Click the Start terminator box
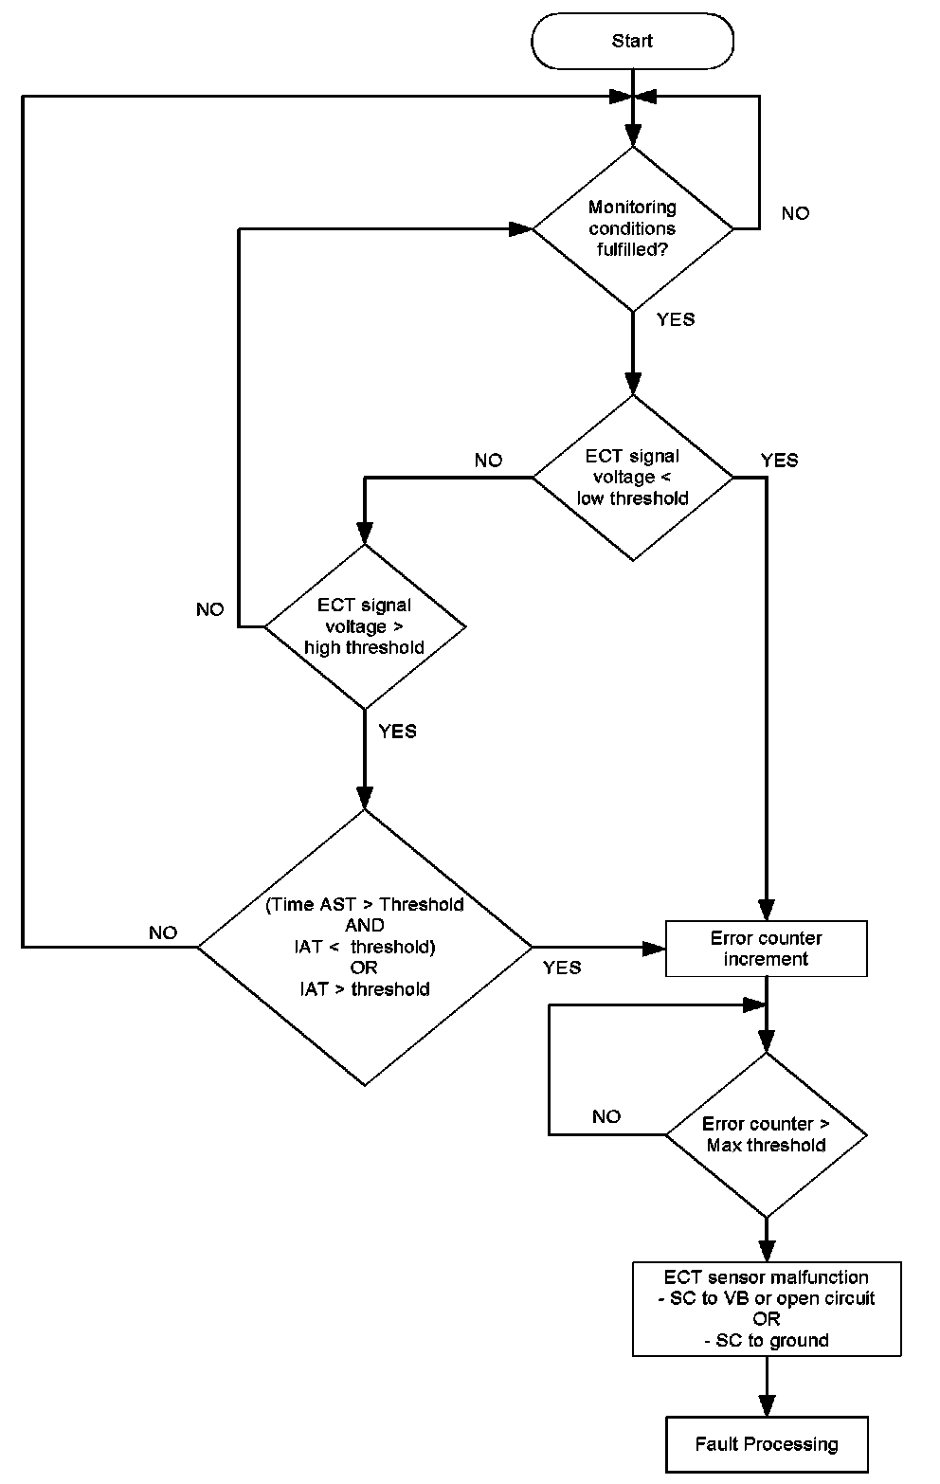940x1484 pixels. click(x=632, y=41)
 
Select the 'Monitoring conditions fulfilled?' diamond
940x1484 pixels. click(x=632, y=228)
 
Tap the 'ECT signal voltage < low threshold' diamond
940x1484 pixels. click(x=632, y=477)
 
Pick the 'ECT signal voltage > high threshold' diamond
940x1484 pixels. click(x=365, y=626)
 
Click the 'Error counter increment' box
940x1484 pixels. click(x=766, y=949)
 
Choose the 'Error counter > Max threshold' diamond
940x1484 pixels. click(x=766, y=1134)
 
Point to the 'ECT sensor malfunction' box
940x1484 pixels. click(x=766, y=1309)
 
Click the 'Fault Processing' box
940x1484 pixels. click(x=766, y=1444)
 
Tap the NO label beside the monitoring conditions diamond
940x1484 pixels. click(x=795, y=213)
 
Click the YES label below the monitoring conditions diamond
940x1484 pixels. click(x=676, y=319)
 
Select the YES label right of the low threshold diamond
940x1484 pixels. click(x=779, y=461)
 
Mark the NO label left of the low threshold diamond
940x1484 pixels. click(x=488, y=461)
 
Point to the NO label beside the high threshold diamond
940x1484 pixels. click(x=209, y=609)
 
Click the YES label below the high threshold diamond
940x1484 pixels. click(x=397, y=732)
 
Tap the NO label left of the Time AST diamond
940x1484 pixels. click(x=163, y=933)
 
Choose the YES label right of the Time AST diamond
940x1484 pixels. click(x=562, y=968)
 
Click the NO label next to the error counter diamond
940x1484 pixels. click(x=606, y=1116)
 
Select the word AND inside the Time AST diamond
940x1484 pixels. click(x=365, y=926)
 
